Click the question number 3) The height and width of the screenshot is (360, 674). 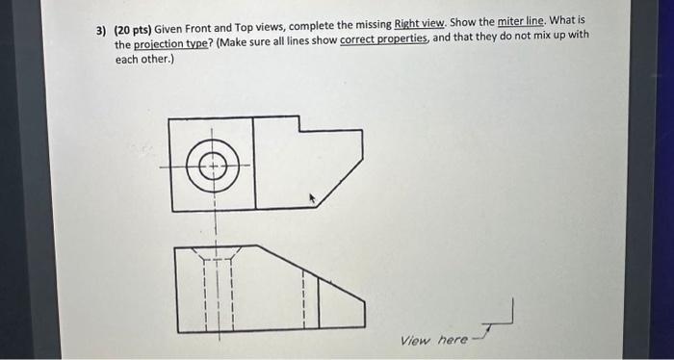100,31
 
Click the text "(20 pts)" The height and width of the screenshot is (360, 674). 134,31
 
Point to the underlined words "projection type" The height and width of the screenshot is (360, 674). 166,45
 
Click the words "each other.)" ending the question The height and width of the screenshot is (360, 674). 143,59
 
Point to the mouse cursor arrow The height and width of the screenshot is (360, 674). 311,198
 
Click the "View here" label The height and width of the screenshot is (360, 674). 433,340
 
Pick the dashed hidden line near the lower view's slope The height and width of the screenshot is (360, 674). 303,298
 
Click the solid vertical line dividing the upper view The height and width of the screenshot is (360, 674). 255,164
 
